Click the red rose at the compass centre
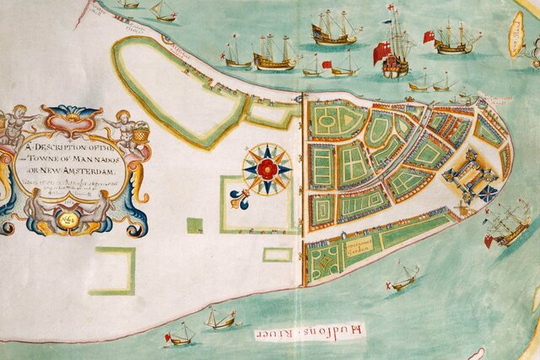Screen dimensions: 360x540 point(267,169)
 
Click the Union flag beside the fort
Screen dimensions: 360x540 point(488,193)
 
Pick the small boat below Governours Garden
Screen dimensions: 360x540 point(404,277)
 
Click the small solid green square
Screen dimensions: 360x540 point(194,225)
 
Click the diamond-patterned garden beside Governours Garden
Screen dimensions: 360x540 point(324,262)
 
